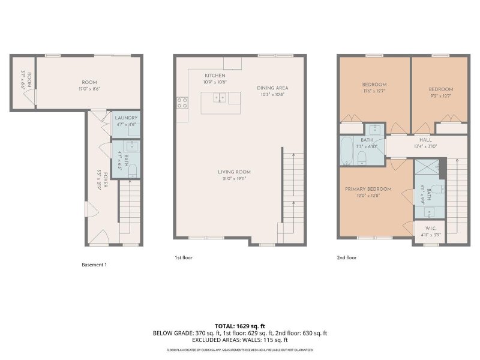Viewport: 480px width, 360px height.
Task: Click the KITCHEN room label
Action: pos(215,76)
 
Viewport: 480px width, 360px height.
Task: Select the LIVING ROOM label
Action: pos(233,172)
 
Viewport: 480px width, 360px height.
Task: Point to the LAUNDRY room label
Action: pos(126,118)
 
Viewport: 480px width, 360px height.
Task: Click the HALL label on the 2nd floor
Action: pos(425,140)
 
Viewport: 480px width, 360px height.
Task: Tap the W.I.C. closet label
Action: pos(431,228)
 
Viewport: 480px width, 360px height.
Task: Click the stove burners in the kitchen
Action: pos(182,103)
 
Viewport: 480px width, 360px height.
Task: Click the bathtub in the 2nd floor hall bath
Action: pos(347,151)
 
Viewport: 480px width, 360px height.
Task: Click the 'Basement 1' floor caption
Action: pos(94,265)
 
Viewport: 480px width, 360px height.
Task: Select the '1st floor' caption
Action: pos(183,257)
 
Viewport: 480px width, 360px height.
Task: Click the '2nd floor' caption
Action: pos(346,257)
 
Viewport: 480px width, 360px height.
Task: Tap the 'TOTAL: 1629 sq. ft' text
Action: pos(239,326)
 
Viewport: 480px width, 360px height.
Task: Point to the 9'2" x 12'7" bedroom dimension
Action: pos(440,96)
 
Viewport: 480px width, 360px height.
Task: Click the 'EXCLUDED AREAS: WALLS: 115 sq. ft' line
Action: pos(239,340)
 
